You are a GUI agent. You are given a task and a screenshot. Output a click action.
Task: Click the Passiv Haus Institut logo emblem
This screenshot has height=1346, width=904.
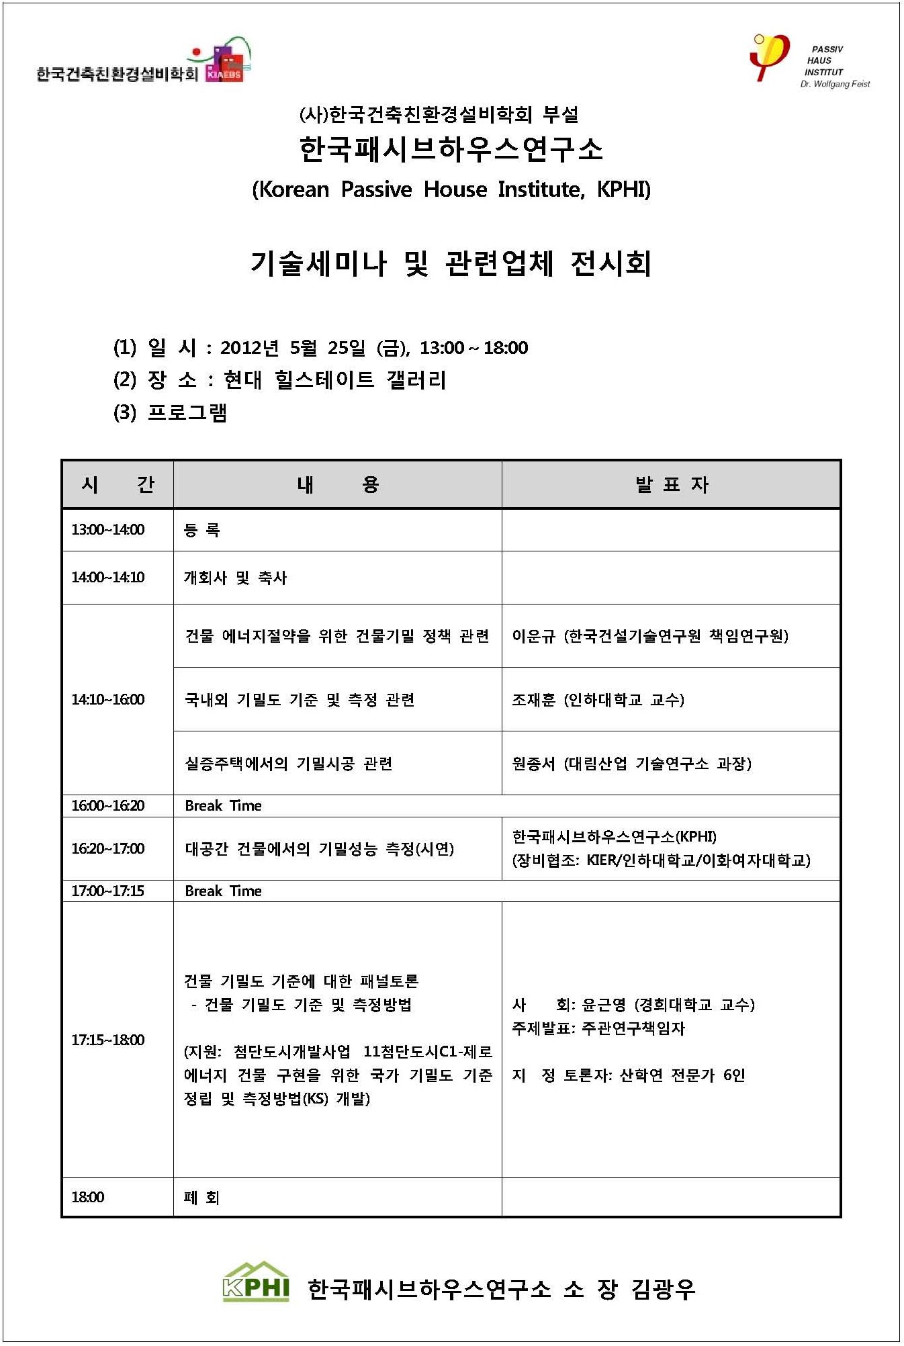pos(768,56)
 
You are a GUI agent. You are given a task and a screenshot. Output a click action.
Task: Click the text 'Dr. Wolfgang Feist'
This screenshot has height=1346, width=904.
pos(835,85)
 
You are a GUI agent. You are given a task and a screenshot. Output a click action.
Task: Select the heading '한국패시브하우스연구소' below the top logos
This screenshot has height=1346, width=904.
pos(451,149)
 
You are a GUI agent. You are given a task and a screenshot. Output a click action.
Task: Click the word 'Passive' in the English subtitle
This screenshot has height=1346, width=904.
pos(376,189)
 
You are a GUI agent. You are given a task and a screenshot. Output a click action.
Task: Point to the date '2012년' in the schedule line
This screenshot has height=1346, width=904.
pos(249,348)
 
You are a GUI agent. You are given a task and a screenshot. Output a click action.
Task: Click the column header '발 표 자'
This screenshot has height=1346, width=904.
pos(671,484)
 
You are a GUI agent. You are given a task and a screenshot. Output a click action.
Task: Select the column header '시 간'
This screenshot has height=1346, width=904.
pos(118,484)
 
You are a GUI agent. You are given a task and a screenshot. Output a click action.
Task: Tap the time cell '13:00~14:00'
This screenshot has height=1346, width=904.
pos(108,530)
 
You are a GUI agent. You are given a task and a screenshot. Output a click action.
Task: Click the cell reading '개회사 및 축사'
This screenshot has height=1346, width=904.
pos(235,578)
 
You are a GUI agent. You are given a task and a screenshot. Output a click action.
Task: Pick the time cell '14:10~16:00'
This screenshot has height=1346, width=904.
pos(108,700)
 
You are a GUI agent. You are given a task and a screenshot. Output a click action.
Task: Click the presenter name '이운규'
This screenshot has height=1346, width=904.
pos(533,636)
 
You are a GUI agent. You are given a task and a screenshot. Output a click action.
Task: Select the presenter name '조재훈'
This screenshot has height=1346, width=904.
pos(533,700)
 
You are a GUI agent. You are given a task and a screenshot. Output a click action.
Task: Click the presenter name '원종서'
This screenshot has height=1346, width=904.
pos(533,764)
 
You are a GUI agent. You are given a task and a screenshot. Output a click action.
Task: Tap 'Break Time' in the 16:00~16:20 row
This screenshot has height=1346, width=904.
pos(223,806)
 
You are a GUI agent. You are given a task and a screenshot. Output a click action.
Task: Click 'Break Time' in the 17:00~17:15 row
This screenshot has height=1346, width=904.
pos(223,891)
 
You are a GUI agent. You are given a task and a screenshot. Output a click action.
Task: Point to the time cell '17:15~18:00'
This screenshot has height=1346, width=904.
pos(108,1040)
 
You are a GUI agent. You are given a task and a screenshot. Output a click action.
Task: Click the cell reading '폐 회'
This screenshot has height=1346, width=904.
pos(201,1198)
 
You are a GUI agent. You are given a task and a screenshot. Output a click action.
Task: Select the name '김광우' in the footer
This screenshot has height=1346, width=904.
pos(663,1289)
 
